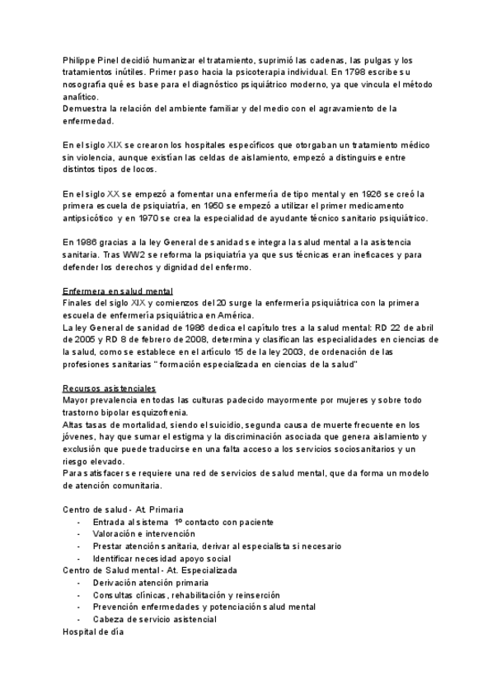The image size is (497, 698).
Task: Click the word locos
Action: point(143,170)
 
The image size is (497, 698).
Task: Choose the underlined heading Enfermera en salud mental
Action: point(118,291)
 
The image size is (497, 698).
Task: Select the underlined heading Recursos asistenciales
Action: point(110,388)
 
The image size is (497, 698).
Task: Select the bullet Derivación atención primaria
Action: point(151,583)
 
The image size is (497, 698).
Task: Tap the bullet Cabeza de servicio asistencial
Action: point(155,619)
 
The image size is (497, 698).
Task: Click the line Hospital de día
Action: point(93,631)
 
